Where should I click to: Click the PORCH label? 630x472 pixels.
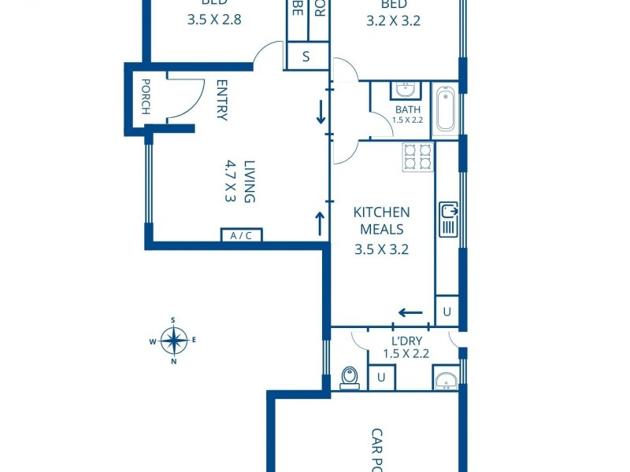coord(146,96)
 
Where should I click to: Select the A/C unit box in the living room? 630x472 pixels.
coord(241,235)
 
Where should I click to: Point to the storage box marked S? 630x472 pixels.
coord(306,57)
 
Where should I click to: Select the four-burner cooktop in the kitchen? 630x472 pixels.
coord(417,157)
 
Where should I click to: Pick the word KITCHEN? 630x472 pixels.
coord(381,212)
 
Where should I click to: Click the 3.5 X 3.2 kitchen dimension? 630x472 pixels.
coord(381,250)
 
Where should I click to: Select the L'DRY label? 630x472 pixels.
coord(406,341)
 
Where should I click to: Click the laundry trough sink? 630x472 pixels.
coord(445,381)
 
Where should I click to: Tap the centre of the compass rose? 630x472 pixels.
coord(173,341)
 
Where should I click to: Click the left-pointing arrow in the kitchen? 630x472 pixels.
coord(410,312)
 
